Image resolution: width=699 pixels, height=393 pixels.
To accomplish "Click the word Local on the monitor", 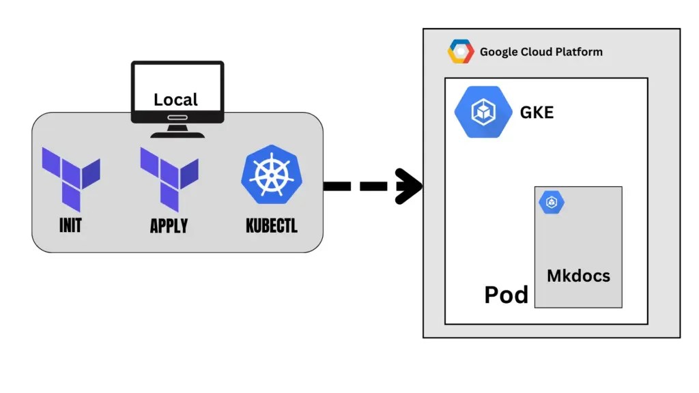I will pyautogui.click(x=175, y=100).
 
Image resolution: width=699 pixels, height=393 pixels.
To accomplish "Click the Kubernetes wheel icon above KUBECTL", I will pyautogui.click(x=271, y=175).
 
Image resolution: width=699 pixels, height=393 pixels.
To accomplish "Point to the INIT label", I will pyautogui.click(x=70, y=225).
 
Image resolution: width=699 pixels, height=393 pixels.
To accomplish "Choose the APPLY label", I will pyautogui.click(x=169, y=226).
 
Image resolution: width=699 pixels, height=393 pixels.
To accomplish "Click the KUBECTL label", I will pyautogui.click(x=272, y=226).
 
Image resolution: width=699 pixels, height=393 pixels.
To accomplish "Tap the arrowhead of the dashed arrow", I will pyautogui.click(x=410, y=186).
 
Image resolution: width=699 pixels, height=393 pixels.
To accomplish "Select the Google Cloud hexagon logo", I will pyautogui.click(x=461, y=52).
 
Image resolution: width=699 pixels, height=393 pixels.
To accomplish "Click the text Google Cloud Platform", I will pyautogui.click(x=541, y=52).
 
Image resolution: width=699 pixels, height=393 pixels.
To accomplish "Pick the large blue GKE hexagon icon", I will pyautogui.click(x=483, y=112).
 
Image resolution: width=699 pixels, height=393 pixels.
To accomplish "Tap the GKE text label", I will pyautogui.click(x=537, y=113).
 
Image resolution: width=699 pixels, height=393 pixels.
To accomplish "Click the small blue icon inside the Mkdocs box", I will pyautogui.click(x=552, y=203).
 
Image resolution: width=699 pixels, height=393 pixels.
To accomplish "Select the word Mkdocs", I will pyautogui.click(x=578, y=276).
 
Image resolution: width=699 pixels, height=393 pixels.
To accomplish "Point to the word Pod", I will pyautogui.click(x=506, y=295).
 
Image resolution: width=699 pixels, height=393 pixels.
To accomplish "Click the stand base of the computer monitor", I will pyautogui.click(x=177, y=134).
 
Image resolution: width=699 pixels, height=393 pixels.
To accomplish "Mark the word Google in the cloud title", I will pyautogui.click(x=498, y=52).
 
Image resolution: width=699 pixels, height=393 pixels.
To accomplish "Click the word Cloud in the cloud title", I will pyautogui.click(x=536, y=52).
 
